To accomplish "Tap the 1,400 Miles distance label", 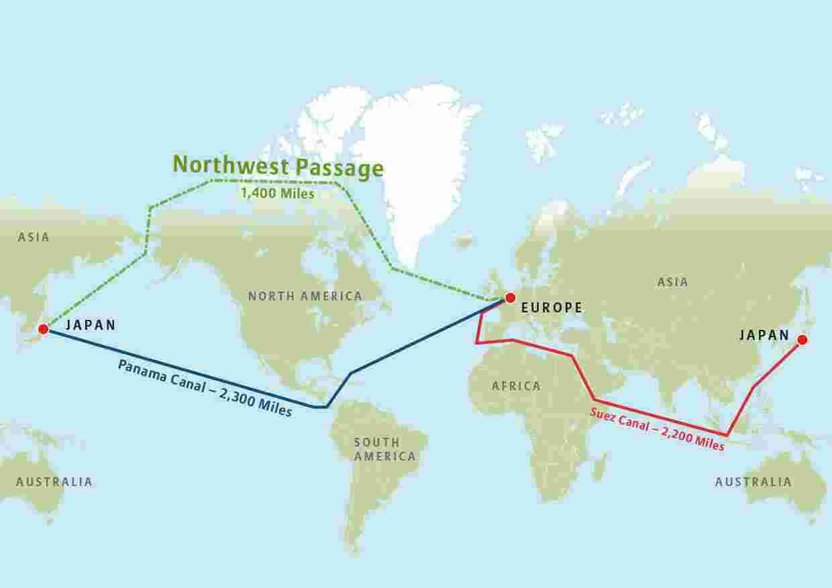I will coord(278,194).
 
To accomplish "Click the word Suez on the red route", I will coord(603,414).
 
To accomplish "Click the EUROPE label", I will coord(552,308).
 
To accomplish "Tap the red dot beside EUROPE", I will coord(510,298).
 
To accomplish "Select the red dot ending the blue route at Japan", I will coord(44,329).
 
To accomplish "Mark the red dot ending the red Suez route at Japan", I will coord(801,340).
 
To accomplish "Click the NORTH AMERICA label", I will coord(305,296).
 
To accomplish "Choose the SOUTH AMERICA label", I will coord(384,449).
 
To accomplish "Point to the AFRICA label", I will coord(516,386).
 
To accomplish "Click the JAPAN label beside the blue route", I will coord(91,326).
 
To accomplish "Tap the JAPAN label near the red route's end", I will coord(764,335).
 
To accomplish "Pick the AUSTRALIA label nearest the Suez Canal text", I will coord(753,482).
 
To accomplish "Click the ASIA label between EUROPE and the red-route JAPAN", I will coord(672,282).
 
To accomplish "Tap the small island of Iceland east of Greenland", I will coord(464,241).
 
